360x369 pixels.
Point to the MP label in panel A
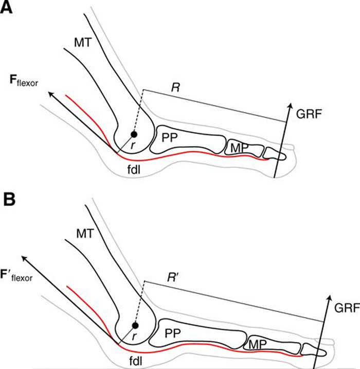pos(239,147)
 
